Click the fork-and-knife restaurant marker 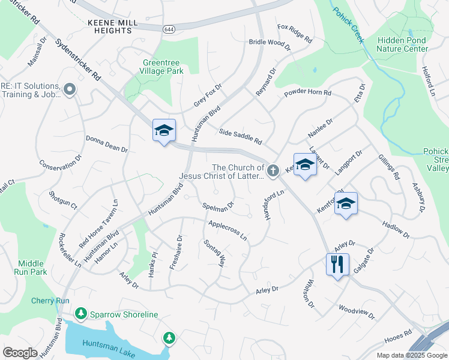click(337, 264)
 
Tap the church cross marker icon click(273, 172)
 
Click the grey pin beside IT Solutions click(69, 90)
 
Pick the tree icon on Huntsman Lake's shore click(170, 338)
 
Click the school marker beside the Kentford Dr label click(346, 205)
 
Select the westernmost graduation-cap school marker click(164, 130)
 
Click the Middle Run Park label click(31, 268)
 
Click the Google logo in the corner click(20, 352)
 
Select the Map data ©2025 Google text click(411, 355)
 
